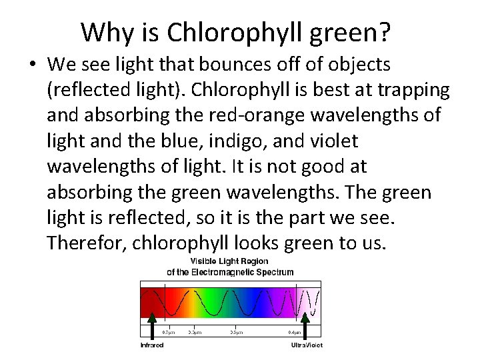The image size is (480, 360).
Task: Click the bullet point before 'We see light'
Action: click(33, 66)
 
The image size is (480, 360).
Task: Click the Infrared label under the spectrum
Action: click(152, 345)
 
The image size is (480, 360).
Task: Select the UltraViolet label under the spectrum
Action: click(306, 345)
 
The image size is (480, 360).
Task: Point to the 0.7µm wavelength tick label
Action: click(168, 331)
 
